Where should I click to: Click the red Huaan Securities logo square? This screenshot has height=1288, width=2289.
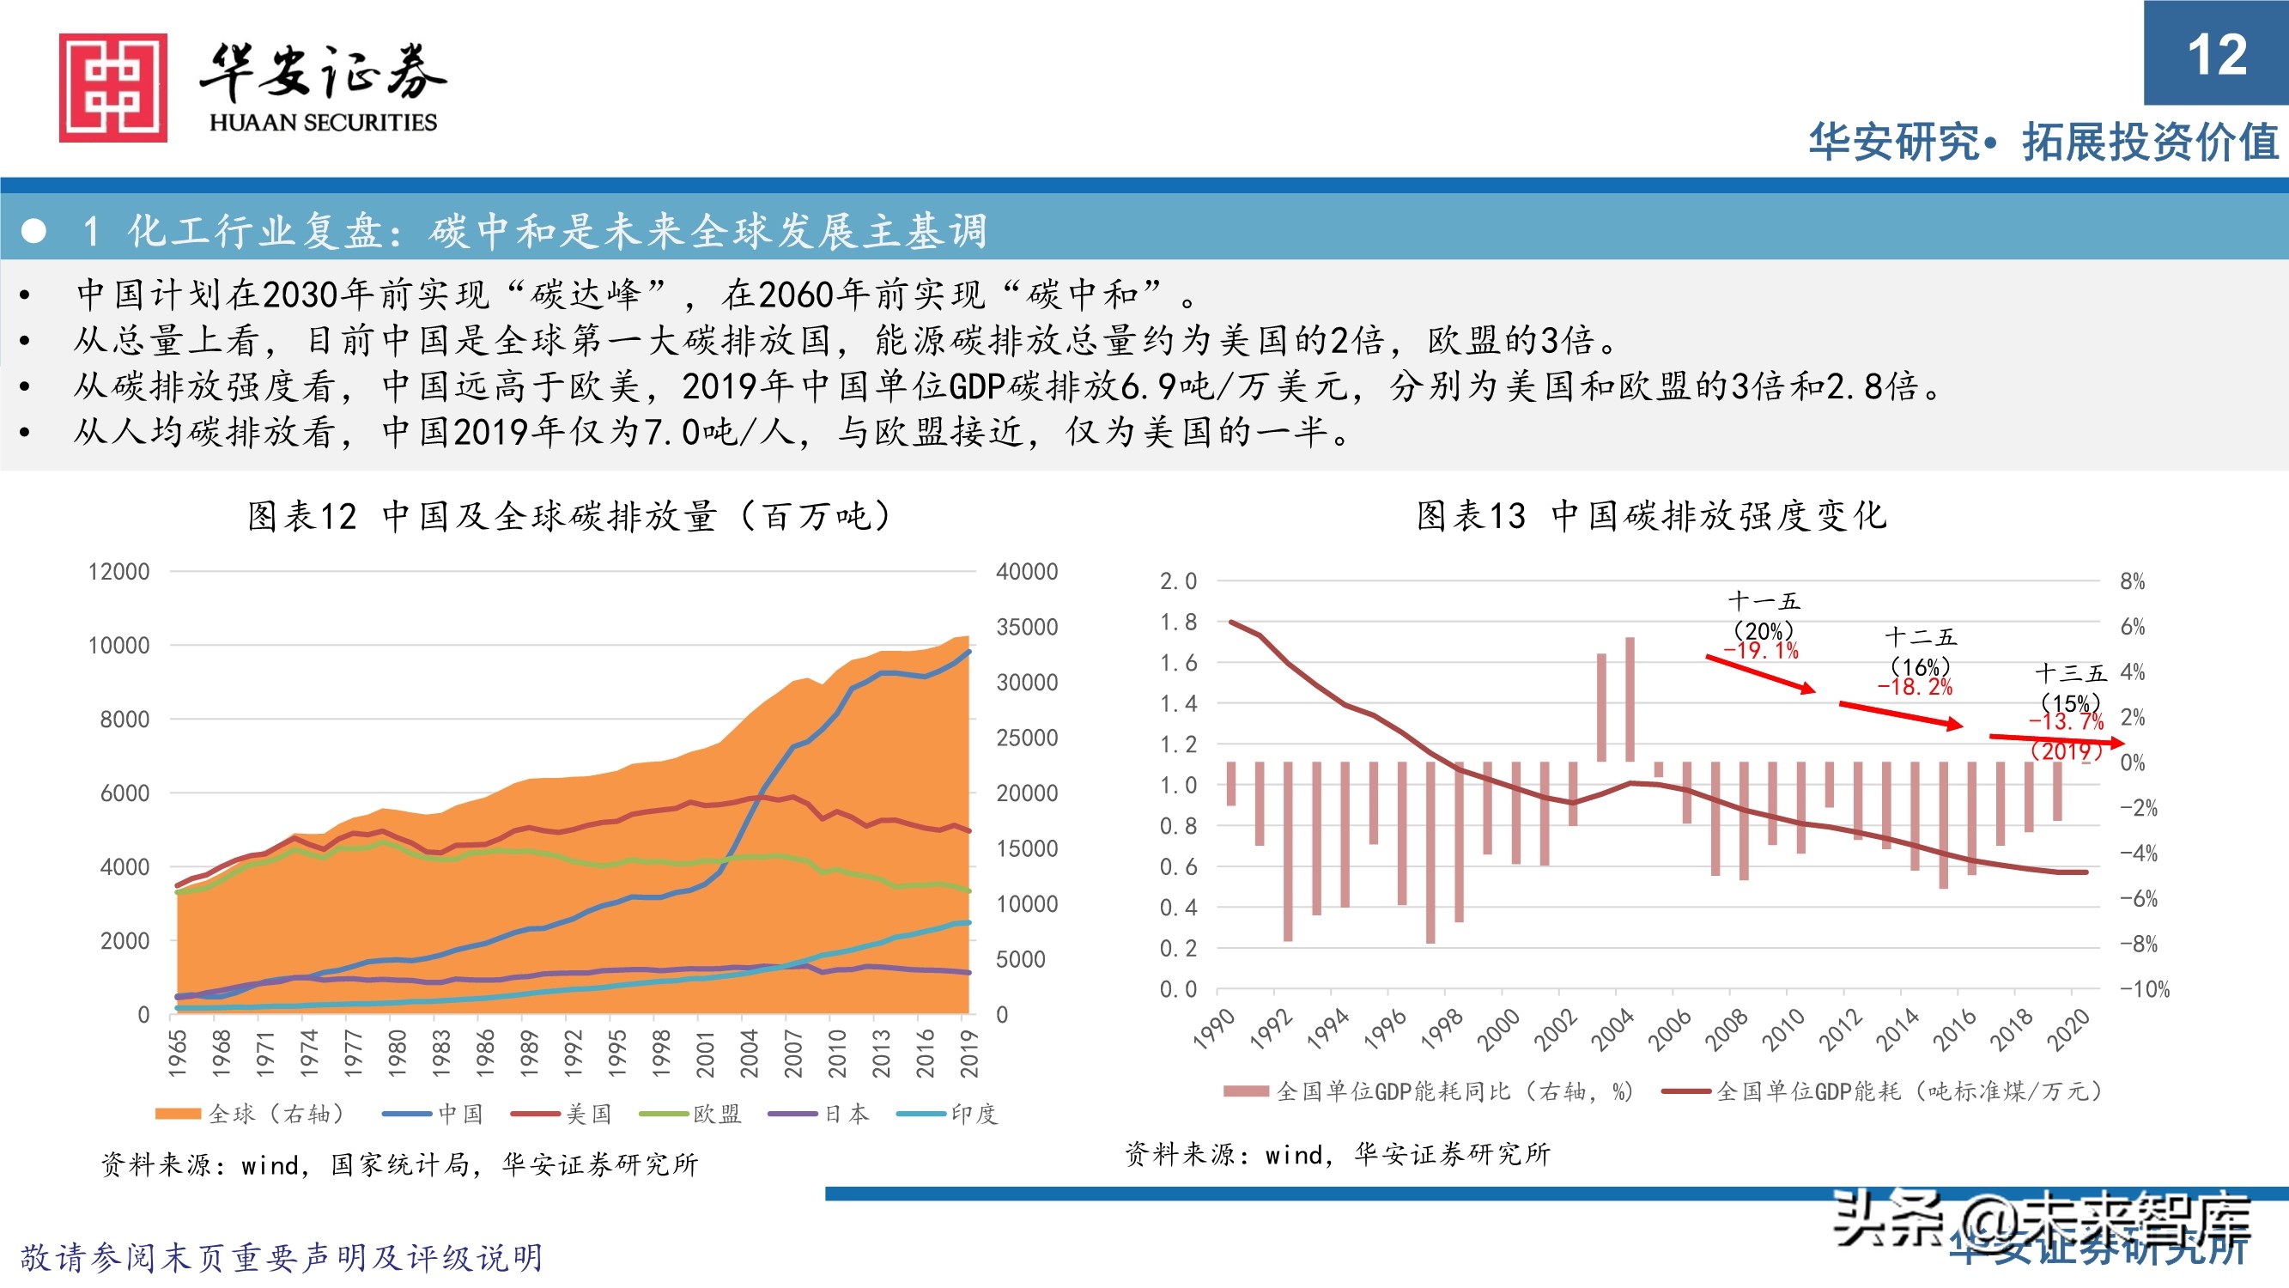112,87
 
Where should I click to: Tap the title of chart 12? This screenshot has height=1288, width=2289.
568,515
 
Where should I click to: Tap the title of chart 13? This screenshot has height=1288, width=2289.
1651,515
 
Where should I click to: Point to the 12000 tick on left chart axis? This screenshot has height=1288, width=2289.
119,572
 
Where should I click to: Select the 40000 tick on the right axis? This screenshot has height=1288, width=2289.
1026,572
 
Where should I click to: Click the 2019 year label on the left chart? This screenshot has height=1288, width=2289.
968,1054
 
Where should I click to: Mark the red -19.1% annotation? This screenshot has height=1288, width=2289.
1761,651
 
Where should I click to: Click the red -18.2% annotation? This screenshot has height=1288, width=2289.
1915,687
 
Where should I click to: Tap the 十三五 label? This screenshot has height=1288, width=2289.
2070,673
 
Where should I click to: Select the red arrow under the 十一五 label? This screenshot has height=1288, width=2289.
1759,673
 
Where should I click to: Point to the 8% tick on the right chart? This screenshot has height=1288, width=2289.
2132,581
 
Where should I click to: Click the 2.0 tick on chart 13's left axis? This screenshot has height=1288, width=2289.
1178,581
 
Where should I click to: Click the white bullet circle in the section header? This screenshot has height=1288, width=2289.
33,231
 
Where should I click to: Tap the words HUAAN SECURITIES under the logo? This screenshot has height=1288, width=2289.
324,123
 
